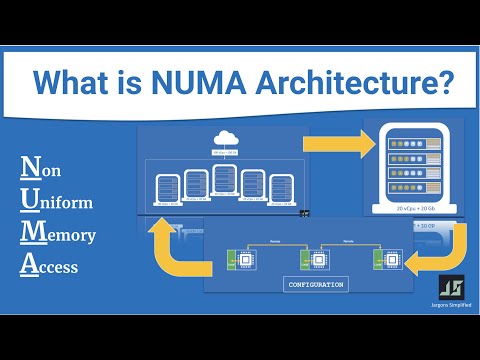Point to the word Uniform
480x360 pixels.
[57, 202]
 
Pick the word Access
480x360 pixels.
[50, 267]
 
